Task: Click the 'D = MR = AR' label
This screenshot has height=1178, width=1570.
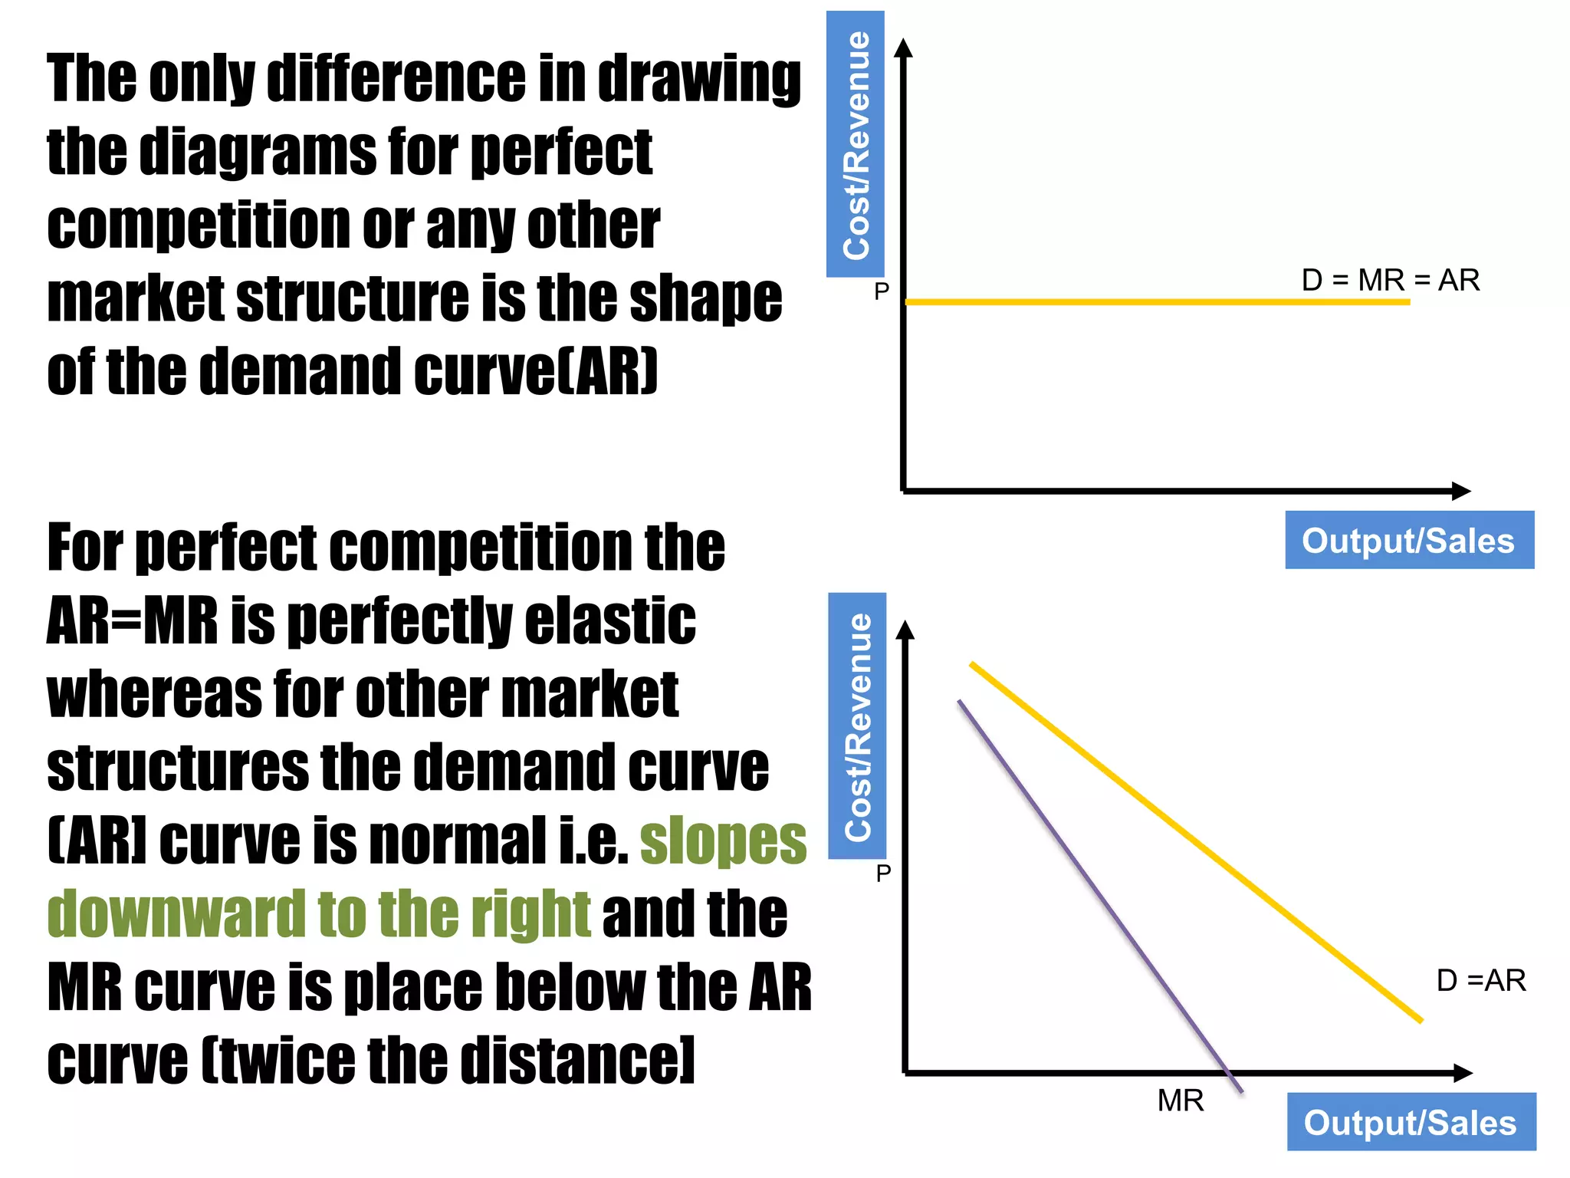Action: pyautogui.click(x=1390, y=280)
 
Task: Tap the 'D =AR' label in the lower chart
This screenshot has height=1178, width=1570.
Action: pyautogui.click(x=1480, y=980)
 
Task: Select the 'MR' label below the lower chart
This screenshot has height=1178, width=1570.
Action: pyautogui.click(x=1180, y=1101)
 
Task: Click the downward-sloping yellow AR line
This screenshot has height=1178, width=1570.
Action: pyautogui.click(x=1196, y=842)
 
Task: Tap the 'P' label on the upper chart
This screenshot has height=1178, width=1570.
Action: pyautogui.click(x=882, y=291)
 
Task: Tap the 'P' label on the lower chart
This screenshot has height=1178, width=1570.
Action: pyautogui.click(x=883, y=873)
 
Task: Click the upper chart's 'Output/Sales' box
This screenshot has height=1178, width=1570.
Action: pyautogui.click(x=1409, y=540)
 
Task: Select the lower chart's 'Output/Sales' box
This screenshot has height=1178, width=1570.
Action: pyautogui.click(x=1411, y=1122)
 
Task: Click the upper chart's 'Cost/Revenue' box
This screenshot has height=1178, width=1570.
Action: pyautogui.click(x=856, y=144)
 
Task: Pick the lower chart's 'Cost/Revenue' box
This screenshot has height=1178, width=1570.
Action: pyautogui.click(x=858, y=726)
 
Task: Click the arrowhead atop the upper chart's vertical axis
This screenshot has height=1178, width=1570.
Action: pyautogui.click(x=905, y=48)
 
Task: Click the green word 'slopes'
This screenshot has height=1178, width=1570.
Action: pyautogui.click(x=723, y=842)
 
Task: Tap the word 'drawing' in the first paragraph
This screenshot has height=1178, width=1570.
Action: pyautogui.click(x=698, y=80)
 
